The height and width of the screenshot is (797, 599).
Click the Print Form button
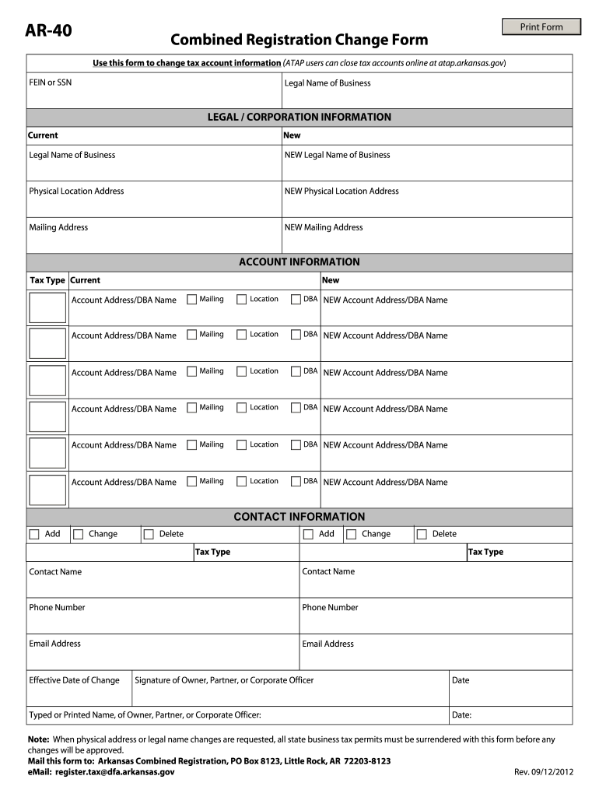pyautogui.click(x=541, y=27)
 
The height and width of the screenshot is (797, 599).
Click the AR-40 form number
pyautogui.click(x=48, y=30)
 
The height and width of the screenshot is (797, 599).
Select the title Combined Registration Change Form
pyautogui.click(x=299, y=40)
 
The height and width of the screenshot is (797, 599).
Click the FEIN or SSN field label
pyautogui.click(x=50, y=82)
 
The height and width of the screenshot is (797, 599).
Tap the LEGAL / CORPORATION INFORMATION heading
pyautogui.click(x=299, y=117)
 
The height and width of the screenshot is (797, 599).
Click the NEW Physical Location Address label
pyautogui.click(x=342, y=191)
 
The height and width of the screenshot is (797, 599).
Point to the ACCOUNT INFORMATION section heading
pyautogui.click(x=299, y=262)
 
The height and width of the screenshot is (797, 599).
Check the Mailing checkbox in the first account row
pyautogui.click(x=191, y=300)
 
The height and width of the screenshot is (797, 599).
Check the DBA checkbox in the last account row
pyautogui.click(x=296, y=482)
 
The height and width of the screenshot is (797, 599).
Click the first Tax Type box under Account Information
pyautogui.click(x=47, y=307)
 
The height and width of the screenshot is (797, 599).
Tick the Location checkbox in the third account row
pyautogui.click(x=241, y=372)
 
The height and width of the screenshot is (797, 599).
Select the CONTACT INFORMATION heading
pyautogui.click(x=299, y=517)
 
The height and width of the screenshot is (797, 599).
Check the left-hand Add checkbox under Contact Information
pyautogui.click(x=33, y=535)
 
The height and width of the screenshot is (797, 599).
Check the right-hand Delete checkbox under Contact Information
pyautogui.click(x=422, y=535)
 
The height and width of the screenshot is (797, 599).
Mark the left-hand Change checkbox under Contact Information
pyautogui.click(x=78, y=535)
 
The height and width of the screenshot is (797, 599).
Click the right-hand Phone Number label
pyautogui.click(x=330, y=607)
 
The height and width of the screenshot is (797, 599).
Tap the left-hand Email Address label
pyautogui.click(x=54, y=644)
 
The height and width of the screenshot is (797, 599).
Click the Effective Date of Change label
pyautogui.click(x=74, y=680)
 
